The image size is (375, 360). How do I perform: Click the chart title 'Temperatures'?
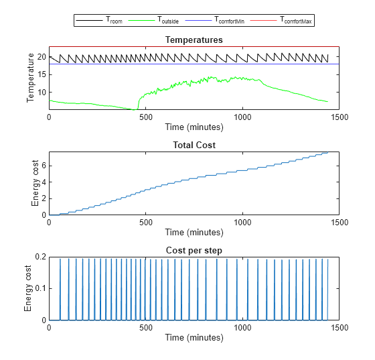(x=194, y=40)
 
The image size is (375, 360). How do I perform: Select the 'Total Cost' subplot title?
(x=194, y=145)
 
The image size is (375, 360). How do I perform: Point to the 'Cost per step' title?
(x=194, y=250)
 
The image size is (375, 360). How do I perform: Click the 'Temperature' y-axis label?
(x=30, y=78)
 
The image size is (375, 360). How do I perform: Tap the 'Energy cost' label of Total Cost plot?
(x=35, y=184)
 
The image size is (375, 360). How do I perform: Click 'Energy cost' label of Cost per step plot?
(x=27, y=288)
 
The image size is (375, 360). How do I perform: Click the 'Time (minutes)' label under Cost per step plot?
(x=194, y=337)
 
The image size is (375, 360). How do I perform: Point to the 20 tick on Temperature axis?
(x=41, y=57)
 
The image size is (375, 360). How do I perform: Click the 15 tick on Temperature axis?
(x=41, y=74)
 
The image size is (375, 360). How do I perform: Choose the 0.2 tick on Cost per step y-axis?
(x=39, y=257)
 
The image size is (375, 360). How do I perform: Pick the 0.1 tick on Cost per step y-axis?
(x=39, y=289)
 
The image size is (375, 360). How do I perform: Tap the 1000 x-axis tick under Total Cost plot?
(x=242, y=222)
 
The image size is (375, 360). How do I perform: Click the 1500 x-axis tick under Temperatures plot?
(x=339, y=117)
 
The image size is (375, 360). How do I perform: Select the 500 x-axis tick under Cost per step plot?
(x=145, y=327)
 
